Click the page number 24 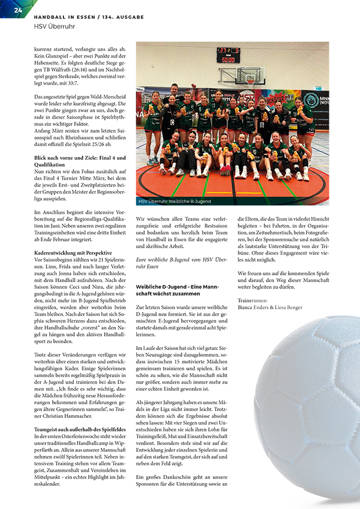click(x=18, y=11)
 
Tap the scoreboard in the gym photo click(x=228, y=54)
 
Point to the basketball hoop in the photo click(x=250, y=79)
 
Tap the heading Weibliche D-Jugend click(x=160, y=287)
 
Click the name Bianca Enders click(x=253, y=307)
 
